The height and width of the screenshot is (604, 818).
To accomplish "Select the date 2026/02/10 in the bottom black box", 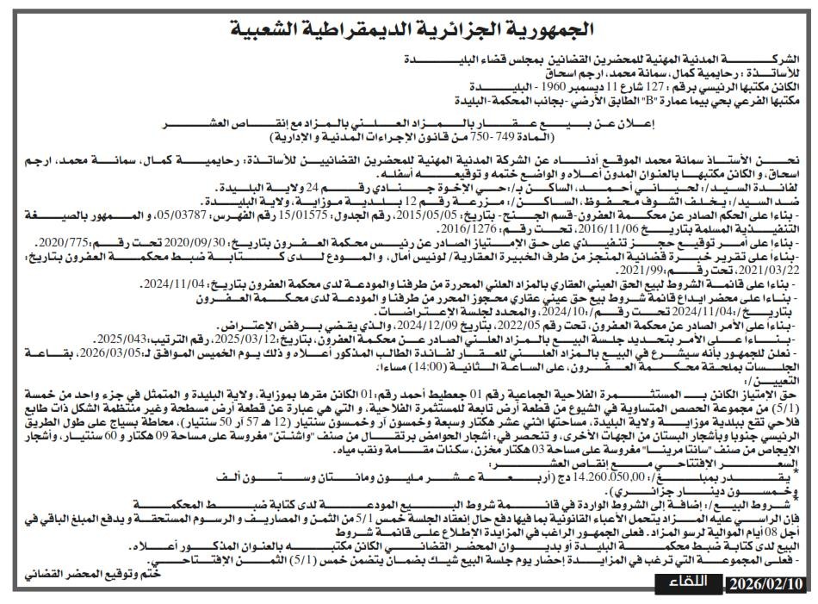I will (x=766, y=584).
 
